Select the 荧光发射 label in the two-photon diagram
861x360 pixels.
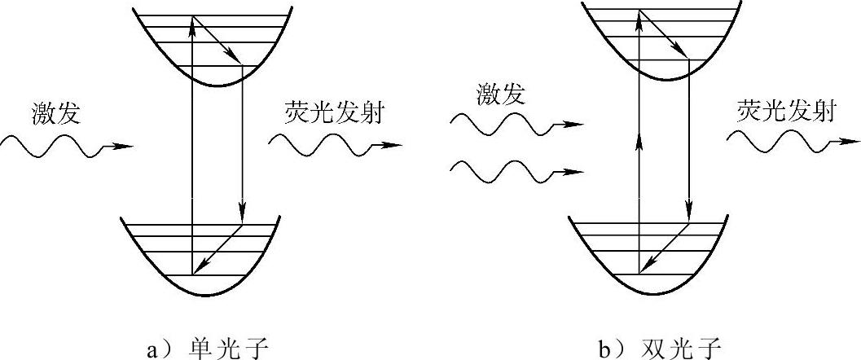pyautogui.click(x=786, y=112)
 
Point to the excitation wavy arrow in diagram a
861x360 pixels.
pyautogui.click(x=65, y=147)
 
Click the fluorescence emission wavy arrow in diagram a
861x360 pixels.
pyautogui.click(x=334, y=145)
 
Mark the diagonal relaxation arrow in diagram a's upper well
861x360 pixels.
pyautogui.click(x=217, y=39)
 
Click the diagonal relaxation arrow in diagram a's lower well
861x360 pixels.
pyautogui.click(x=217, y=249)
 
